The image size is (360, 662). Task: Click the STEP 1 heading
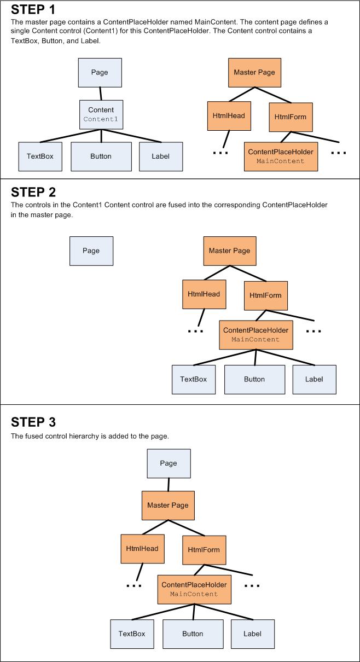point(33,10)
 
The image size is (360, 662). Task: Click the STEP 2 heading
point(33,192)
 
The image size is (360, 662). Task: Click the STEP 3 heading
point(33,422)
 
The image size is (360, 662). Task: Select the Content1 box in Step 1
point(101,114)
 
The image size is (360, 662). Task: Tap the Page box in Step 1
point(100,72)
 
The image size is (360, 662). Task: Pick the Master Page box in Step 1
point(254,72)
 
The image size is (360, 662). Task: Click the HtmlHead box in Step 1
point(229,116)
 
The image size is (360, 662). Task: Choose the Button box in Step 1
point(101,156)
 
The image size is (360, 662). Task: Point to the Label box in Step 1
point(161,156)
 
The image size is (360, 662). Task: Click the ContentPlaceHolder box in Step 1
point(281,156)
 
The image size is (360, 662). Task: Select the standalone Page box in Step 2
point(91,251)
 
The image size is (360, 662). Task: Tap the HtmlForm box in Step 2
point(265,295)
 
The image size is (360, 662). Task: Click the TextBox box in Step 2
point(194,379)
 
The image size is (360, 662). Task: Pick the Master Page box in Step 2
point(230,251)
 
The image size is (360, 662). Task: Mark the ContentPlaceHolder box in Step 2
point(256,335)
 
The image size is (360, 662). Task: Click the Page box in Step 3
point(169,463)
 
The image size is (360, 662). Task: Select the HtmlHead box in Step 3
point(142,549)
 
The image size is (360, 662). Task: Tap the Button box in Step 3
point(193,634)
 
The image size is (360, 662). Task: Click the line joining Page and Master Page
point(169,484)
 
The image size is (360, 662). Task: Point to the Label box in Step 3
point(252,634)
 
